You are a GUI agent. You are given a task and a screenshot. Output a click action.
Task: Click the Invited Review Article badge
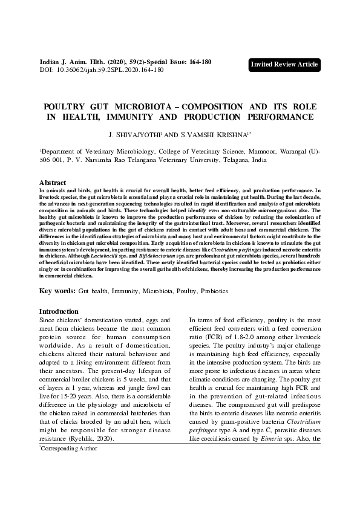284,65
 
